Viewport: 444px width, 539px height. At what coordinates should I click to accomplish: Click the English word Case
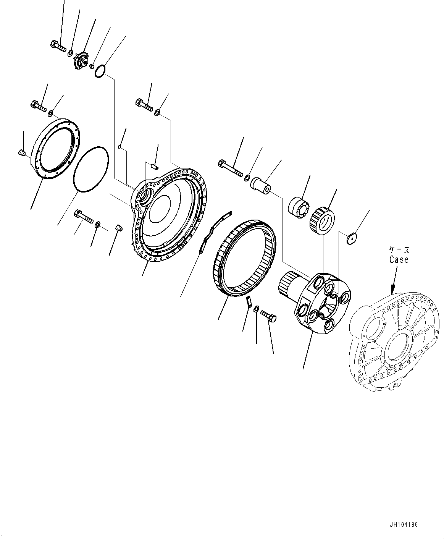[x=399, y=259]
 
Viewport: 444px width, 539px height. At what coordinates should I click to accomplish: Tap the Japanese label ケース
[x=399, y=250]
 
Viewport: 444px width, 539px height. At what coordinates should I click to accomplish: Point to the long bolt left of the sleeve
[x=230, y=169]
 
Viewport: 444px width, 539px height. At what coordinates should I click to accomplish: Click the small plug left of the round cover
[x=21, y=153]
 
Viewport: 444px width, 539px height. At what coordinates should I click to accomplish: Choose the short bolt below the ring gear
[x=269, y=316]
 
